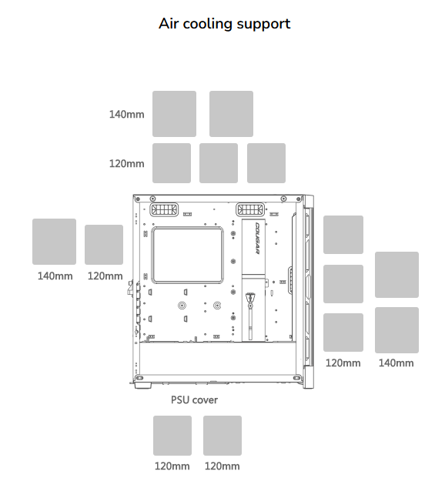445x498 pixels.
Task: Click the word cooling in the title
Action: coord(208,25)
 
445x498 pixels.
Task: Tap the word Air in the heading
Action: coord(169,24)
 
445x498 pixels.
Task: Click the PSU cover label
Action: coord(194,399)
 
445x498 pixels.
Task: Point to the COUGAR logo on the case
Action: coord(257,238)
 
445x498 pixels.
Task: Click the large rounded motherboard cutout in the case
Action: coord(187,255)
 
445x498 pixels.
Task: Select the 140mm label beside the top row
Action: coord(127,115)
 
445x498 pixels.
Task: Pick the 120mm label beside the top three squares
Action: coord(127,164)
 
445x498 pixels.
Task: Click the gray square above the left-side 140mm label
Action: coord(55,242)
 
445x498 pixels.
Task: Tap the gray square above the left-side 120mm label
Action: coord(104,245)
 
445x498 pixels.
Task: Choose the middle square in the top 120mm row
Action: coord(219,163)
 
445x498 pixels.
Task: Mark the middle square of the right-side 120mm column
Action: coord(343,284)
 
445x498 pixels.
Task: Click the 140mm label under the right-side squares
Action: coord(396,363)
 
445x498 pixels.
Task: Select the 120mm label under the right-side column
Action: coord(343,363)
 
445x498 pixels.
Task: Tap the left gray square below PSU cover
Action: coord(172,436)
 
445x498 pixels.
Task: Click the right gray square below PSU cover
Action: coord(222,436)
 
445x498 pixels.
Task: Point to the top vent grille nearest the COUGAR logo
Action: coord(250,209)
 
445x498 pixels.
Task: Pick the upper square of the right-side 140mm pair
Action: coord(396,275)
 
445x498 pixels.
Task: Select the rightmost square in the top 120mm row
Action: coord(266,163)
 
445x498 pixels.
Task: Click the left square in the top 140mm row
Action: coord(174,114)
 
